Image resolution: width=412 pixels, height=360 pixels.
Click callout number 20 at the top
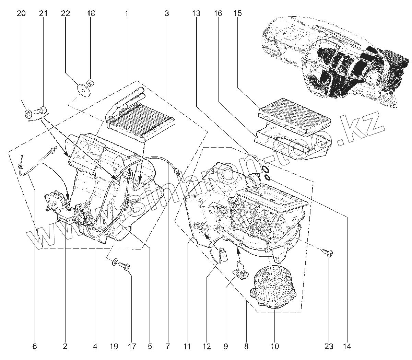[x=21, y=14]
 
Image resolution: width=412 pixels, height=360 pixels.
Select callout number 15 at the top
[x=237, y=14]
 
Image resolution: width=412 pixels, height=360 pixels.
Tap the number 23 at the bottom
[x=329, y=347]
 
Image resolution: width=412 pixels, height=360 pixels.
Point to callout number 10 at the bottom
[x=275, y=347]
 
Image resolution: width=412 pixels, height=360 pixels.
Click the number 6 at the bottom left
[x=34, y=347]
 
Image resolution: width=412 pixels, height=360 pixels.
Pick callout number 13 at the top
[x=196, y=14]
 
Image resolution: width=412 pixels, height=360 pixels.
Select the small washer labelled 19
[x=115, y=262]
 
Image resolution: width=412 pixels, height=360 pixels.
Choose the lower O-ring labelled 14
[x=268, y=177]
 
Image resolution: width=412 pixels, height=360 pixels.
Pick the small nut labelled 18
[x=91, y=82]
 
